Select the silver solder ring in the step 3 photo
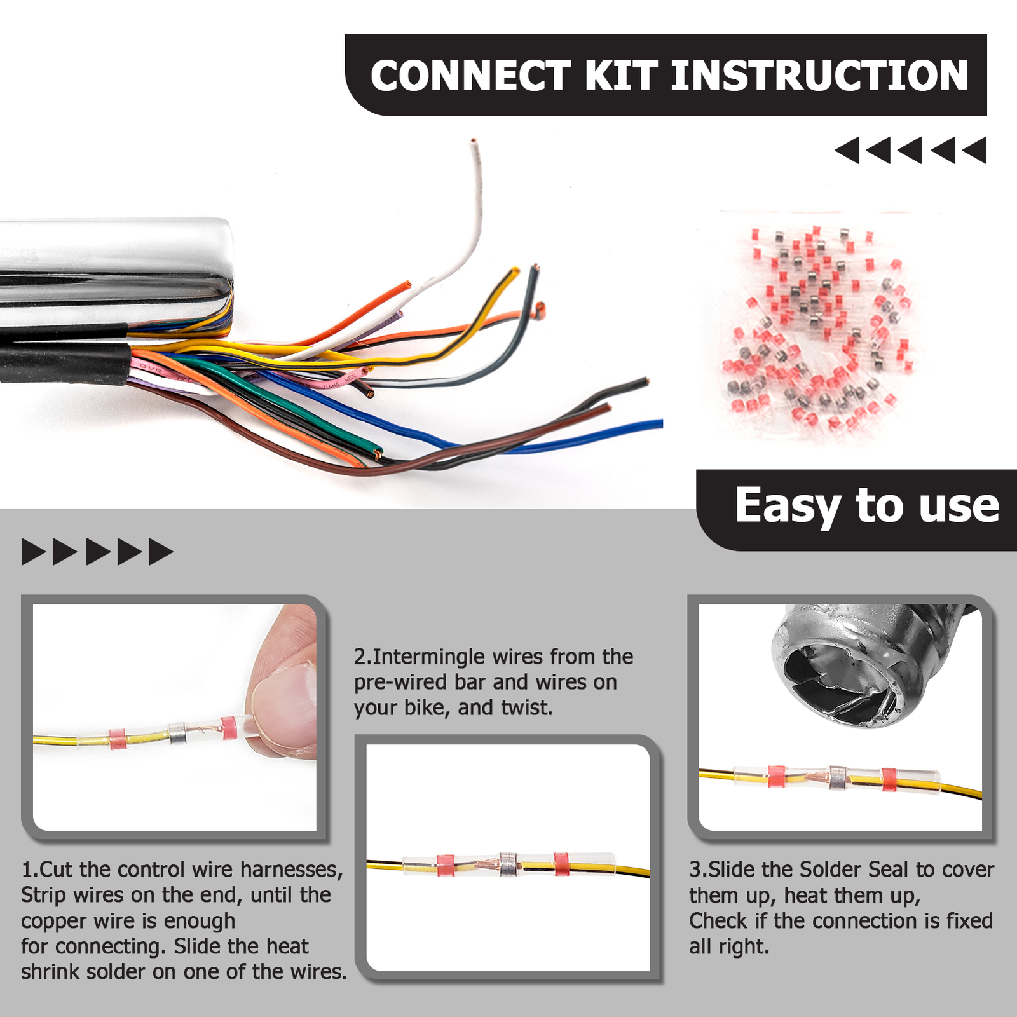[x=838, y=777]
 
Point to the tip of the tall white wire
[x=473, y=141]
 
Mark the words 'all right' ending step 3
[x=728, y=946]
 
